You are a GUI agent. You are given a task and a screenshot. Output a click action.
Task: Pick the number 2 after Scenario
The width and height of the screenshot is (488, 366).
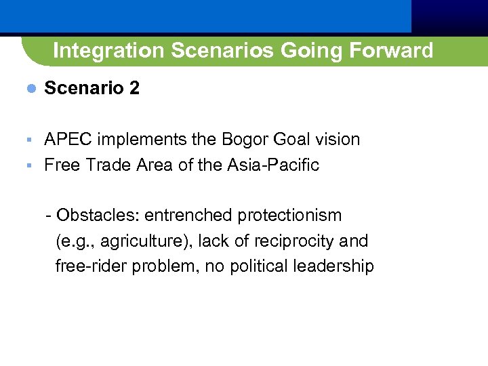click(x=134, y=89)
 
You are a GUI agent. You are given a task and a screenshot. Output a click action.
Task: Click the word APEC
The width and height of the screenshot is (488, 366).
click(x=68, y=140)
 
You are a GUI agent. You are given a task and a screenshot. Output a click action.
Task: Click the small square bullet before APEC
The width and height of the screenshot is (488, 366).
click(x=28, y=140)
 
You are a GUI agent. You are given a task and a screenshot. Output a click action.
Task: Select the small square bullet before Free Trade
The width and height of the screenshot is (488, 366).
click(x=28, y=165)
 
